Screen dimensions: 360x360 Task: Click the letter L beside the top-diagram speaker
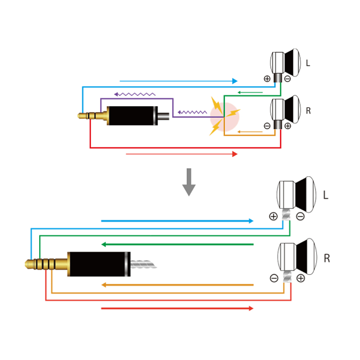coord(308,63)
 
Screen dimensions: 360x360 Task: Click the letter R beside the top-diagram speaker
coord(308,111)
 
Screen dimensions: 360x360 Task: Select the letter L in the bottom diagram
coord(325,195)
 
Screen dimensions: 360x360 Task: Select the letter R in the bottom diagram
coord(327,258)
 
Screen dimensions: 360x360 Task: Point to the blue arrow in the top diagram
coord(178,81)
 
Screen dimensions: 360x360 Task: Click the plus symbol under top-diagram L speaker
coord(267,79)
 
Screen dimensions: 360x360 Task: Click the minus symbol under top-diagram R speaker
coord(267,126)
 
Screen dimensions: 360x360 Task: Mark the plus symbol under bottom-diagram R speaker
coord(300,278)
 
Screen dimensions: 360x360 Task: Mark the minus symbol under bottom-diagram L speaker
coord(300,216)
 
